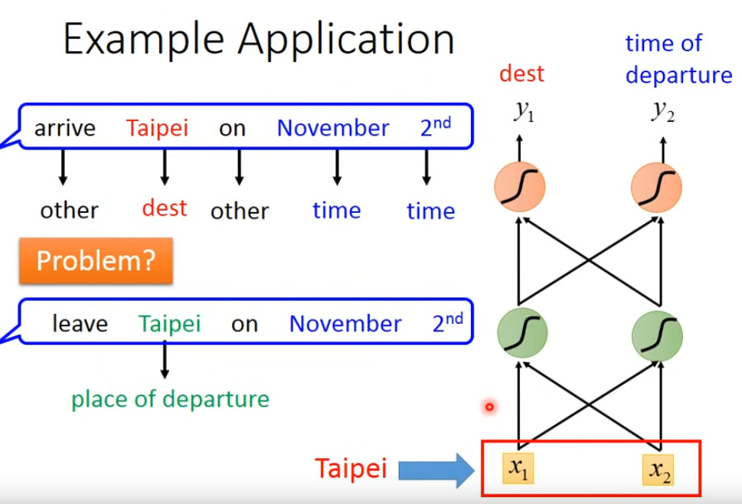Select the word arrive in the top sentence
[65, 129]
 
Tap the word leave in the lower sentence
[80, 324]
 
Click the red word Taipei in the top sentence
[157, 129]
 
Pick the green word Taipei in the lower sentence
[169, 324]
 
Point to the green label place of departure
[170, 399]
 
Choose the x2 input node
[659, 468]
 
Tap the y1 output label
[524, 113]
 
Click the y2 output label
[663, 112]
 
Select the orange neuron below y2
[658, 188]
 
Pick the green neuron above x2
[658, 335]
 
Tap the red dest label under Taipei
[165, 208]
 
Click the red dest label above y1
[521, 74]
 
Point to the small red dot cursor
[489, 407]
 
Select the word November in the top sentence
[332, 129]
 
